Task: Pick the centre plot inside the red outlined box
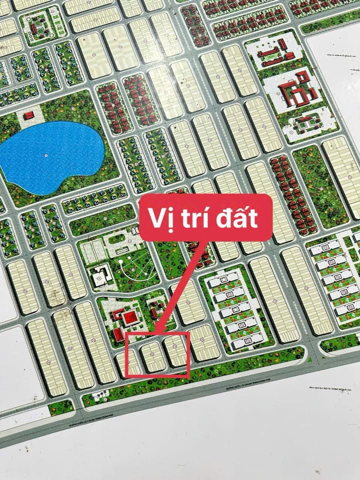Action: (153, 355)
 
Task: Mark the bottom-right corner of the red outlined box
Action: (188, 376)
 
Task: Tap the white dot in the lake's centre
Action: (46, 156)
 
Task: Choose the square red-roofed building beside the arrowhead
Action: (129, 318)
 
